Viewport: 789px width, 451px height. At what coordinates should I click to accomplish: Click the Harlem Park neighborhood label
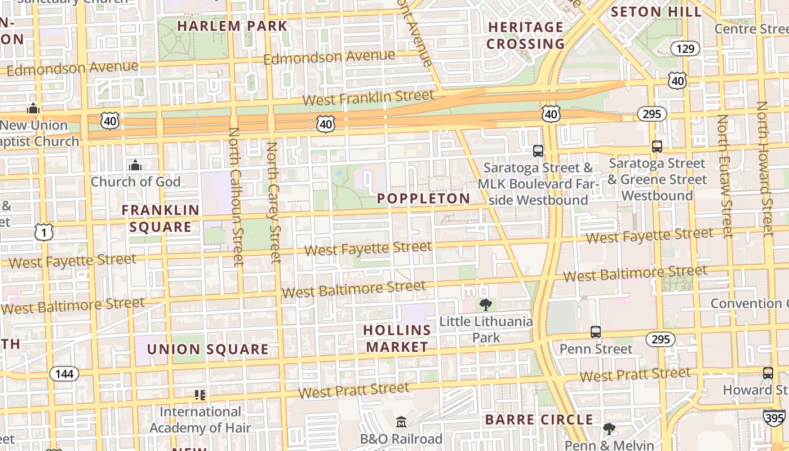click(x=232, y=26)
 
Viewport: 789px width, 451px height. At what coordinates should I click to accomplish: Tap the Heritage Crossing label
click(x=525, y=36)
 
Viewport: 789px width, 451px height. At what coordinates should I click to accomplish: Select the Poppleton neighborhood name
click(x=423, y=198)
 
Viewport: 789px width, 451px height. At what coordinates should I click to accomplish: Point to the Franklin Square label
click(x=161, y=219)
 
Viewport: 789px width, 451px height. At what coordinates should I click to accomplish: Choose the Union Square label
click(x=207, y=350)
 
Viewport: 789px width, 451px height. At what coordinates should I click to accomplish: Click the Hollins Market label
click(x=397, y=338)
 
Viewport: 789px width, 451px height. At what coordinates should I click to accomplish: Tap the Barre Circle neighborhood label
click(x=539, y=419)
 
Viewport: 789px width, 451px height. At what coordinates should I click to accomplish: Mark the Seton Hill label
click(x=656, y=12)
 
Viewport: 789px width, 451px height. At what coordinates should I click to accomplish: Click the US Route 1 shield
click(x=44, y=232)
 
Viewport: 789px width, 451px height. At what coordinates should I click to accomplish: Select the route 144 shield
click(x=64, y=374)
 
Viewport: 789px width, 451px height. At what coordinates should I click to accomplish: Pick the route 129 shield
click(x=685, y=49)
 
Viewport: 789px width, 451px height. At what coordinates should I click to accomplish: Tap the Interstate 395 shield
click(x=774, y=418)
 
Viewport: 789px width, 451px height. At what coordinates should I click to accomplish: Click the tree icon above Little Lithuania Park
click(x=485, y=305)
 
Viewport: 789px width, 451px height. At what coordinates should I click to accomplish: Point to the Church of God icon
click(x=135, y=165)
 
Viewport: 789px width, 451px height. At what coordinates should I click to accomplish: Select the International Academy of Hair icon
click(x=200, y=395)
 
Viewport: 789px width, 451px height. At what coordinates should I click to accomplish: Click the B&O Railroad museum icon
click(x=401, y=422)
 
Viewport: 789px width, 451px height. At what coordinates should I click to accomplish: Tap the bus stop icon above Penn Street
click(x=596, y=332)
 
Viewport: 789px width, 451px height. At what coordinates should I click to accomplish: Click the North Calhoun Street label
click(x=236, y=196)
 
